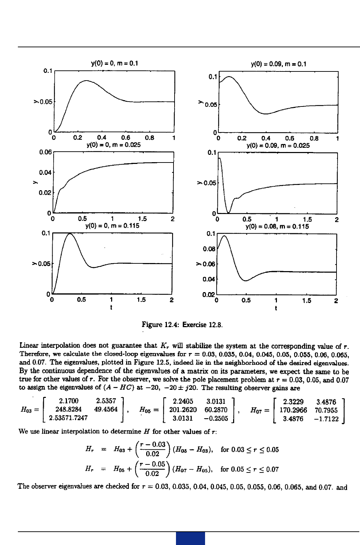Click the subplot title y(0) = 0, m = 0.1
(115, 63)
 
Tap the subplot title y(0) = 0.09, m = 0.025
(278, 145)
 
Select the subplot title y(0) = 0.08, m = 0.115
(277, 226)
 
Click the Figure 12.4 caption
(182, 325)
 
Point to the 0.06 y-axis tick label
(45, 152)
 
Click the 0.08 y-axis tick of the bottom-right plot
(209, 249)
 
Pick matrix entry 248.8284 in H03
(68, 409)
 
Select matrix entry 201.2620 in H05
(183, 409)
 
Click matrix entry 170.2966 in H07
(293, 410)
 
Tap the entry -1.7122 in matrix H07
(326, 419)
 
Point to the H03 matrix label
(29, 409)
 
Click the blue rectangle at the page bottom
(190, 538)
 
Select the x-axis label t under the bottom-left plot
(111, 308)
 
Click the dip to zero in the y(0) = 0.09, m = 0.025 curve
(228, 212)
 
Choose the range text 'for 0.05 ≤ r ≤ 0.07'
(250, 469)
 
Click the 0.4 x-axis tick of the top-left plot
(102, 138)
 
